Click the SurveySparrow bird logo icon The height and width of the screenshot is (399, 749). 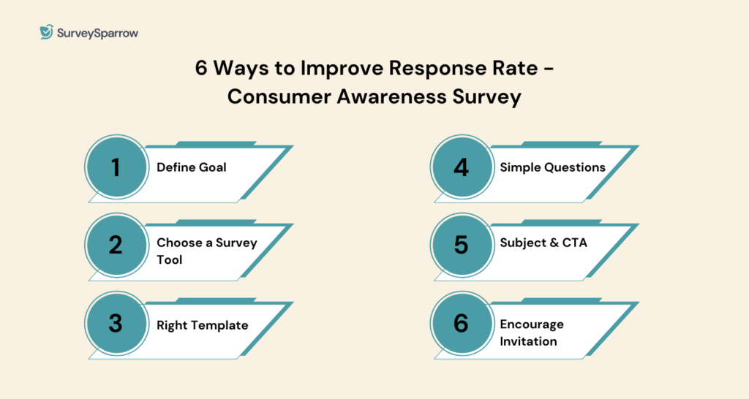point(46,32)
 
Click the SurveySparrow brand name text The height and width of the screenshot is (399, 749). point(97,34)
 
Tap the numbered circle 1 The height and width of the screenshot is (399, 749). point(116,167)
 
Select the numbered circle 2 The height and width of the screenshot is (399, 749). point(116,246)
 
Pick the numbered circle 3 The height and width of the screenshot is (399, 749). point(116,323)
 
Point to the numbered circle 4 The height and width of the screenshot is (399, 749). point(462,167)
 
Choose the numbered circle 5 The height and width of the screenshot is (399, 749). point(462,246)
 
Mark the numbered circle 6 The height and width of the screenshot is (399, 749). point(462,323)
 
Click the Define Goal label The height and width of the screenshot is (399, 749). point(192,167)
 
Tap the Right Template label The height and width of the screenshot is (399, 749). point(203,325)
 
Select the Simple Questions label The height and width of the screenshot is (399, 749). point(553,167)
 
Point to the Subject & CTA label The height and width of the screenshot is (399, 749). point(543,243)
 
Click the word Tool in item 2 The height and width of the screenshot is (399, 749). point(170,259)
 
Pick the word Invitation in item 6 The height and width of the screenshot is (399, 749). point(528,341)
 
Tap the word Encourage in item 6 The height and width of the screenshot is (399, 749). point(532,324)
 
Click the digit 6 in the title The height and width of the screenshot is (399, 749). point(201,68)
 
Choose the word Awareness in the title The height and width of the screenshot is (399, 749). point(392,97)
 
